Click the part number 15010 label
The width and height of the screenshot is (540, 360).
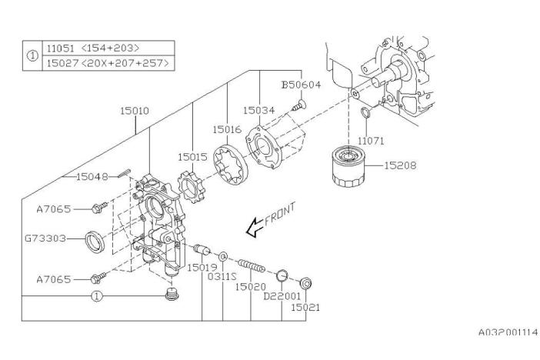(x=134, y=111)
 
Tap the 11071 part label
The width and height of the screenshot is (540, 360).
(x=370, y=142)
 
